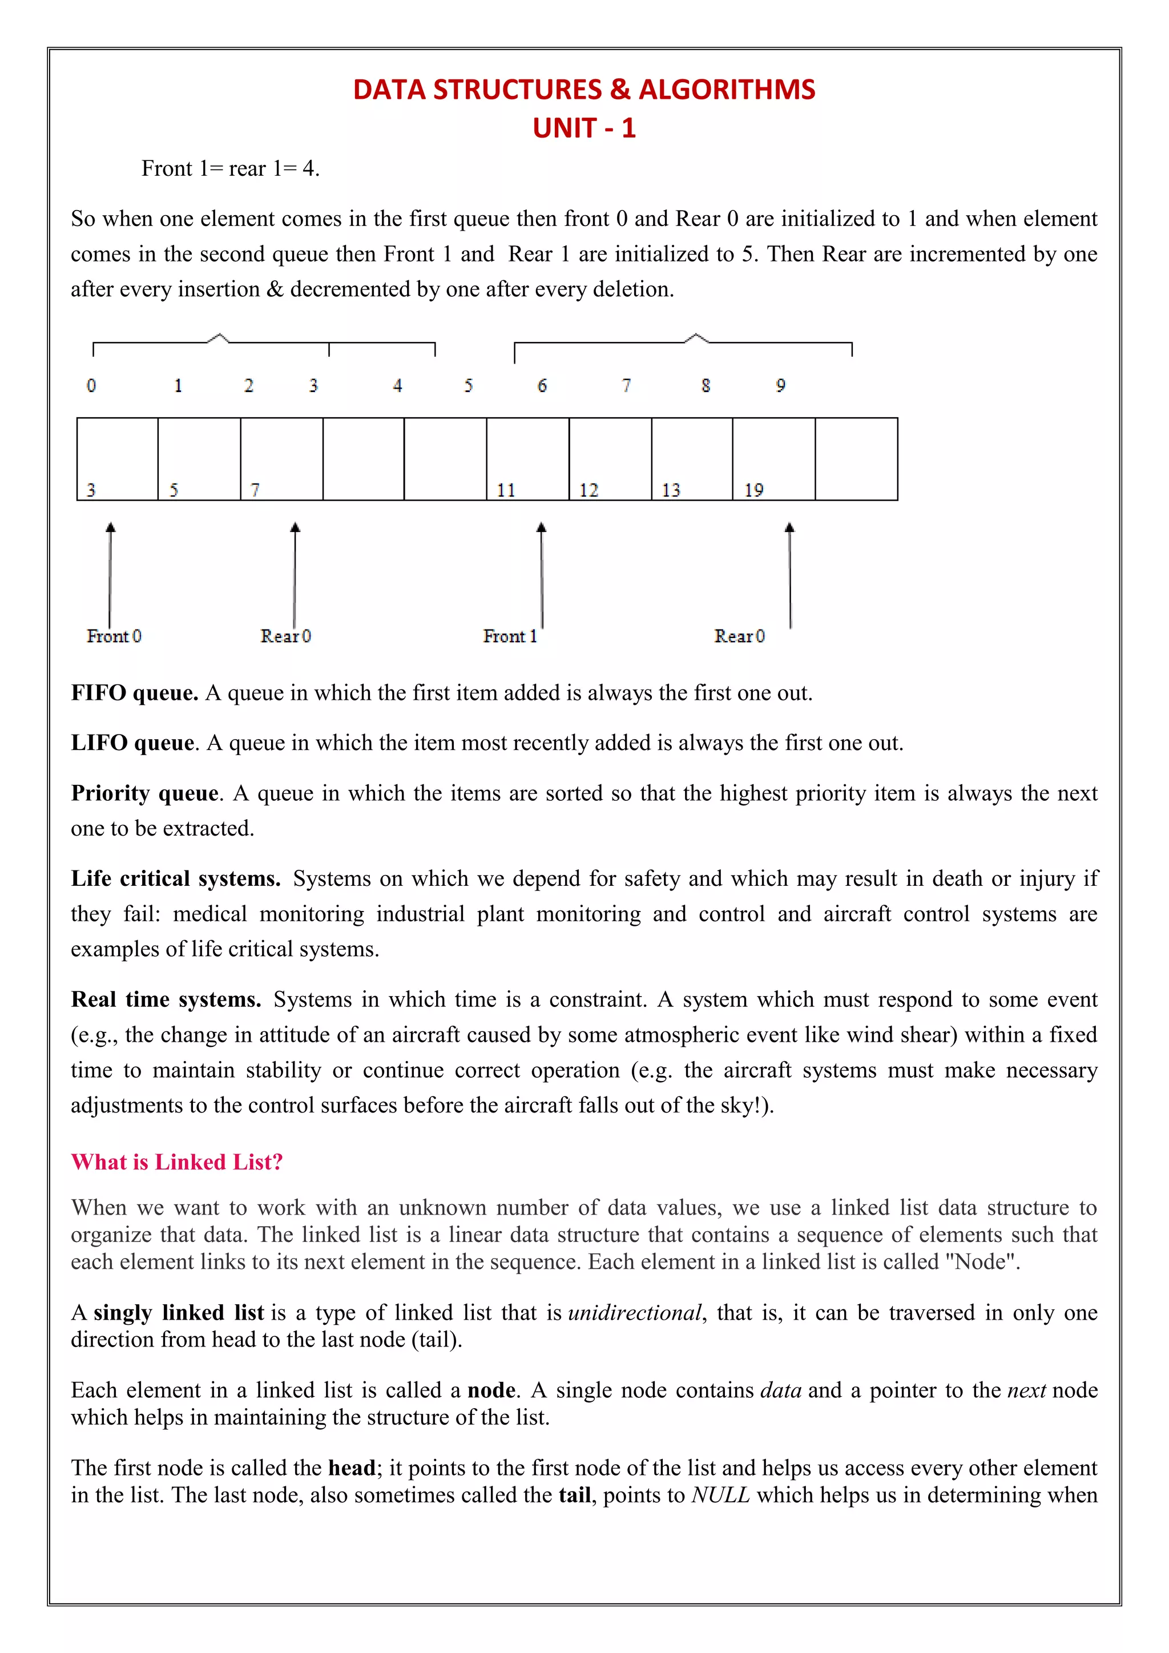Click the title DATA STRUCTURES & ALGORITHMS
pyautogui.click(x=584, y=89)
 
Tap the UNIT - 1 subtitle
pyautogui.click(x=584, y=128)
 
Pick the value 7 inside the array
pyautogui.click(x=255, y=490)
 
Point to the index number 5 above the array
pyautogui.click(x=469, y=386)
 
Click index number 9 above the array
pyautogui.click(x=780, y=386)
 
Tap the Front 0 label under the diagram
pyautogui.click(x=114, y=636)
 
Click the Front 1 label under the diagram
pyautogui.click(x=509, y=636)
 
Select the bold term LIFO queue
pyautogui.click(x=132, y=743)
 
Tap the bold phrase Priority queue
pyautogui.click(x=144, y=793)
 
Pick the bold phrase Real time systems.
pyautogui.click(x=166, y=1000)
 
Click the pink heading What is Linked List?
pyautogui.click(x=177, y=1162)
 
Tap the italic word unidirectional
pyautogui.click(x=634, y=1313)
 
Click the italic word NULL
pyautogui.click(x=720, y=1495)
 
